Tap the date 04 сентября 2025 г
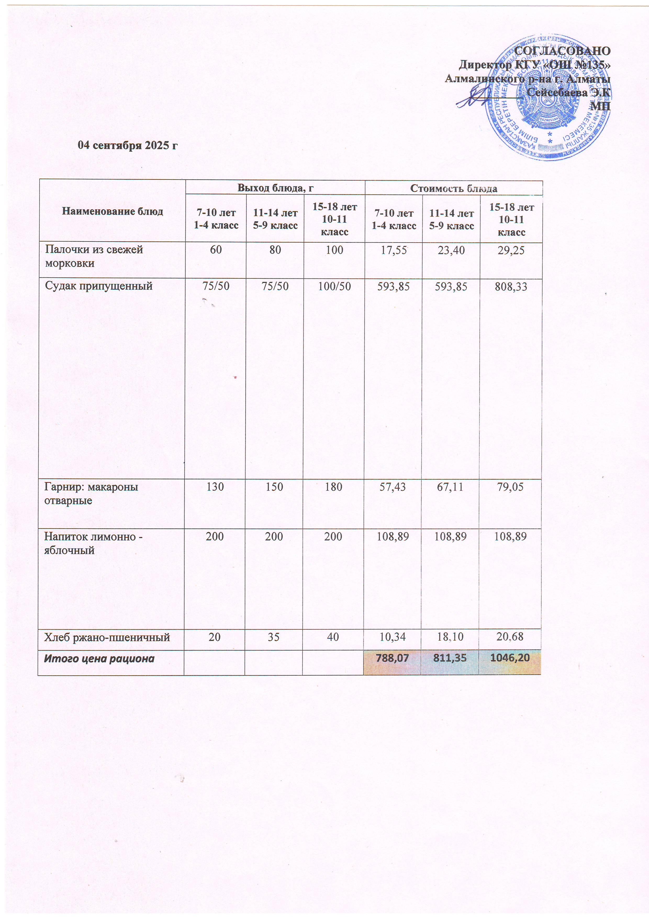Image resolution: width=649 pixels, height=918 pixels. pyautogui.click(x=127, y=145)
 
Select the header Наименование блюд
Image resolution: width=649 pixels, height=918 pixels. pyautogui.click(x=112, y=211)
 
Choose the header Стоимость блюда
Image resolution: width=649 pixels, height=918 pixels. pyautogui.click(x=454, y=188)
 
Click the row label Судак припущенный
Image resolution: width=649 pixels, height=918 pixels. pyautogui.click(x=99, y=286)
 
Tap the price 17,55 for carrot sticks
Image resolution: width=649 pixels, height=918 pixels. pyautogui.click(x=394, y=250)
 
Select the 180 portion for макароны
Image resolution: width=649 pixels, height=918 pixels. pyautogui.click(x=333, y=486)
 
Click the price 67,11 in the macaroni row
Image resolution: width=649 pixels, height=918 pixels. pyautogui.click(x=451, y=486)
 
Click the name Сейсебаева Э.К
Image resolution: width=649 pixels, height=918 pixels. pyautogui.click(x=568, y=92)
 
